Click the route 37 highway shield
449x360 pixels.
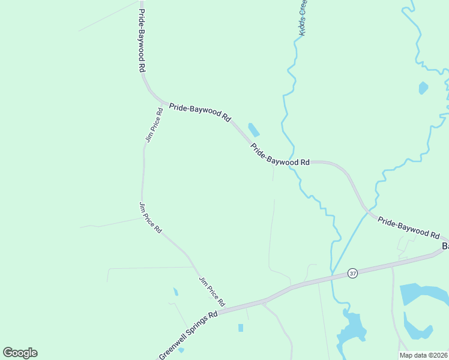352,273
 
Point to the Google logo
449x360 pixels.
20,353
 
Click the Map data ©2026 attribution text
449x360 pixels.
423,355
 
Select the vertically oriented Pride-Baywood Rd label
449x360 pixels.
142,37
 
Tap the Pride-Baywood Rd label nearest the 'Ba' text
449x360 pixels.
409,227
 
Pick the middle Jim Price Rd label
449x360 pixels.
150,217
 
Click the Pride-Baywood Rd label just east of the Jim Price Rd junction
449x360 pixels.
200,112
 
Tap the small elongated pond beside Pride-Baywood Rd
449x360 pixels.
254,130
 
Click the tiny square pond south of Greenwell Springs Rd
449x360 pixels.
241,328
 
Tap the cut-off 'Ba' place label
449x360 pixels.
445,246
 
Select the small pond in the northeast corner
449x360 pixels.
423,88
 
